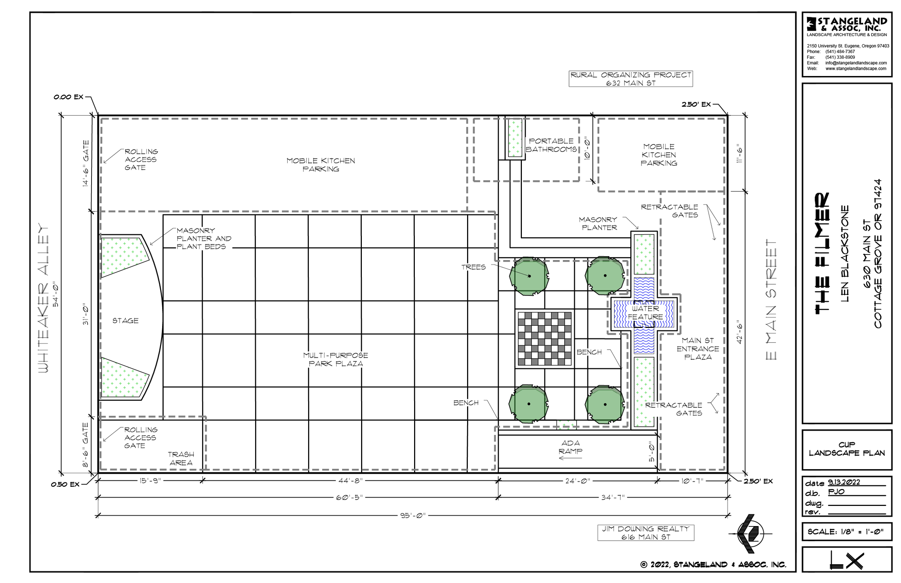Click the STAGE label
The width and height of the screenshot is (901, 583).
pos(125,321)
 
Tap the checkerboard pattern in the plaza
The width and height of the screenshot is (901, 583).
pos(545,339)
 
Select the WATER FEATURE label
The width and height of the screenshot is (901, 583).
pos(645,313)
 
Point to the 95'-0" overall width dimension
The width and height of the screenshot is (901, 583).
pos(413,516)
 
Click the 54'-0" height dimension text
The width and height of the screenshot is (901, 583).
pos(56,294)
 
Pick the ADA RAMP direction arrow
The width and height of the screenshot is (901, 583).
pos(570,458)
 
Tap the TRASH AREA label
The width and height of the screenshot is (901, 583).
pos(181,458)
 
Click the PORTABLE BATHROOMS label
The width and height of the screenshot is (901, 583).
pos(551,145)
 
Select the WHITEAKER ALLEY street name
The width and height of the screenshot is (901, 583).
pos(44,298)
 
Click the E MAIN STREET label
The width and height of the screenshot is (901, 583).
pos(771,299)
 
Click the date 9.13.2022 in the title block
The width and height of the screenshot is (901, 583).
pos(844,482)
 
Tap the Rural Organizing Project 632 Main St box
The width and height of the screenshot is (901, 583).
pos(631,79)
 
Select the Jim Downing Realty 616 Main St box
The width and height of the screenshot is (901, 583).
pos(646,533)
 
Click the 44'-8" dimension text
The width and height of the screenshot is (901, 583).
pos(350,481)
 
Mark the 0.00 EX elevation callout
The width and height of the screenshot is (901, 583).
pos(68,97)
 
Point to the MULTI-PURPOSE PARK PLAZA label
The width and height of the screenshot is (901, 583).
pos(336,359)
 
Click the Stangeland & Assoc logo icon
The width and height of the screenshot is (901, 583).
pos(811,23)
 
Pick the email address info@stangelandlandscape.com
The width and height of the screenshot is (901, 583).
pos(856,63)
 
